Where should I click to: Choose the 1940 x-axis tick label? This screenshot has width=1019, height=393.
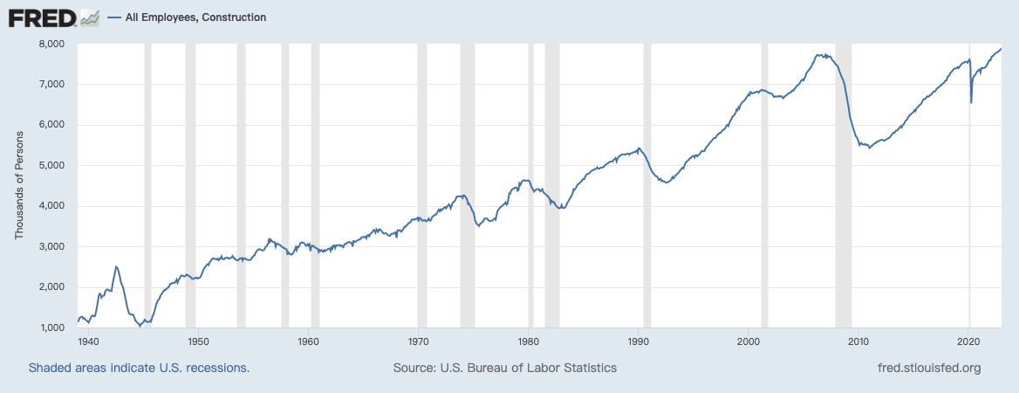click(x=88, y=341)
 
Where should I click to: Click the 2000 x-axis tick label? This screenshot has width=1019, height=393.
click(x=749, y=341)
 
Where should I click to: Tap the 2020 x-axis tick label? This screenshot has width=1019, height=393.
click(x=968, y=341)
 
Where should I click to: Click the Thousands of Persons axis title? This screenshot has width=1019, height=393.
click(x=18, y=185)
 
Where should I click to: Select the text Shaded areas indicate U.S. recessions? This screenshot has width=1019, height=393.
click(x=140, y=369)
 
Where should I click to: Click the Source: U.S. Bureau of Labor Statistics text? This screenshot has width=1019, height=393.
click(x=505, y=369)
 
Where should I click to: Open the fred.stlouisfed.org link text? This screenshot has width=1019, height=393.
click(x=928, y=369)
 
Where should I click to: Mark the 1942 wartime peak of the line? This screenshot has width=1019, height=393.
click(x=116, y=266)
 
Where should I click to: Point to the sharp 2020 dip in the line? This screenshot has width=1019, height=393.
click(x=971, y=102)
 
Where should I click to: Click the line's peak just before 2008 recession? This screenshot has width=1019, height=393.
click(x=817, y=54)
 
